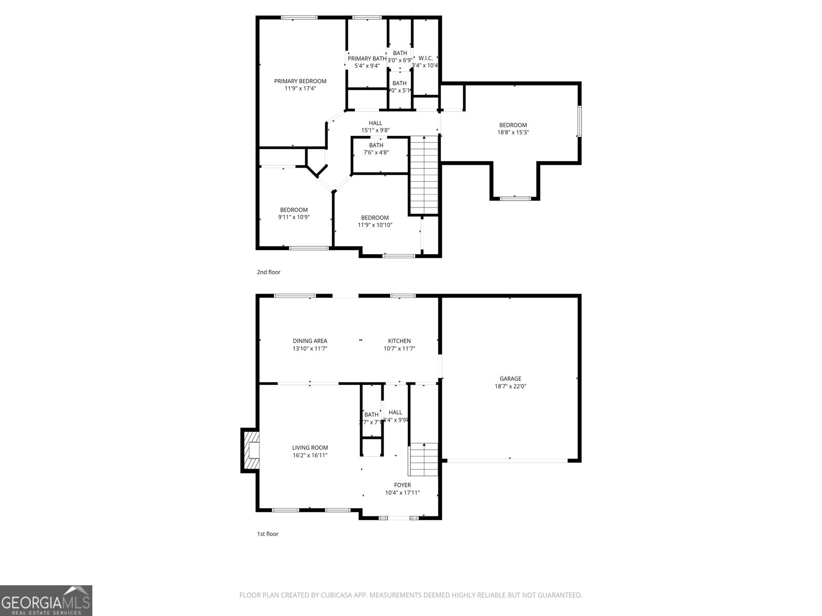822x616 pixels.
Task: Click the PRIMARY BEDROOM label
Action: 300,81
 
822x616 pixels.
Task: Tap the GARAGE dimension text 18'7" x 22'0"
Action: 510,386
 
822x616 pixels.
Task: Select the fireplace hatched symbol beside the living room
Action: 250,451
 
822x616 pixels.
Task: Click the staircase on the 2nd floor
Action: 424,175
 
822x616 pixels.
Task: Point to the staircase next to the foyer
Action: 423,459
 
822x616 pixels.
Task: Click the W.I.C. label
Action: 425,58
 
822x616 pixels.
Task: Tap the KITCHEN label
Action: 399,341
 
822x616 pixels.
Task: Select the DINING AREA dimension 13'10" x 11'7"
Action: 310,349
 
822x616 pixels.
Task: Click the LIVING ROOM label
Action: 310,448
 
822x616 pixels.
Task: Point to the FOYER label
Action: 402,485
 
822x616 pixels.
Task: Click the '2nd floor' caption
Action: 269,272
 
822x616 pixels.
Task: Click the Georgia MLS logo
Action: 46,600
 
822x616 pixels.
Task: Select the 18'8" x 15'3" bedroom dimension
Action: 513,132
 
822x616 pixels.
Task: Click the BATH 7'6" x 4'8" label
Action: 376,145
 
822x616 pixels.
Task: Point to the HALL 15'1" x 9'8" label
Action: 376,123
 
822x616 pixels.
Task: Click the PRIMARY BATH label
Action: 367,59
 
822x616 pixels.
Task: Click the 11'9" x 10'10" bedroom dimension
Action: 375,225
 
